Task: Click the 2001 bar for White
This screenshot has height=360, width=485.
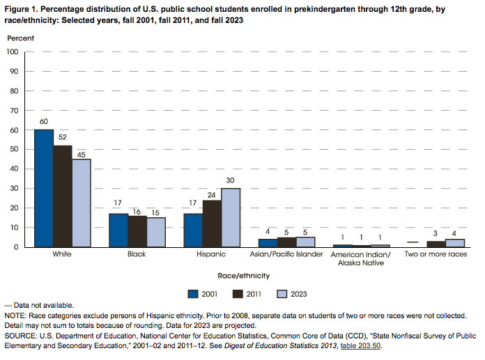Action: pos(43,188)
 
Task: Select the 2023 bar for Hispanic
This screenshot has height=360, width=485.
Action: pos(230,217)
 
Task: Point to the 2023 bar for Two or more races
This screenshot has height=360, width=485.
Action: pos(455,243)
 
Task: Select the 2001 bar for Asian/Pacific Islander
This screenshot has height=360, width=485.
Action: pos(268,243)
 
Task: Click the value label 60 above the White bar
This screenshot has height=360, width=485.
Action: pos(43,122)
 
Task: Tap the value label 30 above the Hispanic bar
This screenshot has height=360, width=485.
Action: pos(230,181)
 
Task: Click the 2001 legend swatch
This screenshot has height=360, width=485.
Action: pos(194,292)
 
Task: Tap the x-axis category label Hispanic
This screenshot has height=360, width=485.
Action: pos(212,255)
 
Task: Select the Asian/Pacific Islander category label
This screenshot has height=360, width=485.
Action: pos(286,255)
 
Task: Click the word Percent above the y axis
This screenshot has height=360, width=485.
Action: pos(20,36)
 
